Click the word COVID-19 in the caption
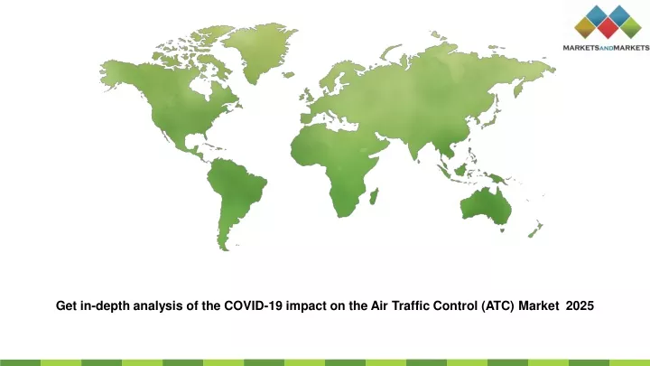click(254, 305)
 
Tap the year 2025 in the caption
click(580, 305)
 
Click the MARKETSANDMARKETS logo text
click(606, 48)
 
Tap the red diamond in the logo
click(608, 28)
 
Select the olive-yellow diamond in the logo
click(585, 28)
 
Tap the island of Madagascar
click(374, 196)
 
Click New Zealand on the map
click(535, 230)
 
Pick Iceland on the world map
click(289, 75)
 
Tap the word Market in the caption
click(539, 305)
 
